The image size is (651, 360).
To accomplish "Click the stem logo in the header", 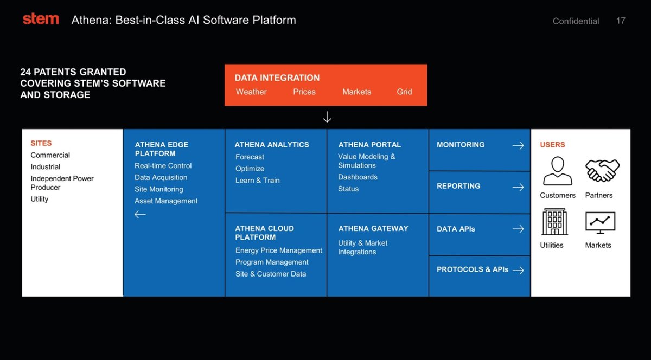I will [41, 19].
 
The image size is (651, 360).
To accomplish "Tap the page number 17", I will [621, 21].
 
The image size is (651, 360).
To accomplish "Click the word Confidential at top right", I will [576, 21].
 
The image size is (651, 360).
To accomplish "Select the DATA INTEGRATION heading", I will [277, 78].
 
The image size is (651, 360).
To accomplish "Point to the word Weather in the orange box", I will [251, 92].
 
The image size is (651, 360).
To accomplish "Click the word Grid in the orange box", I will [404, 92].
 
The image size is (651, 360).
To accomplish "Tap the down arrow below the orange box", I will [327, 117].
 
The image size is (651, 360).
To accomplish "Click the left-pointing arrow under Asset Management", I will [140, 214].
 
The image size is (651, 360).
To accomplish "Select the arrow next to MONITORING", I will [518, 145].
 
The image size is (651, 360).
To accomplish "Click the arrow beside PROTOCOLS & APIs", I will [518, 270].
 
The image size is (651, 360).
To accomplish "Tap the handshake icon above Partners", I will [602, 171].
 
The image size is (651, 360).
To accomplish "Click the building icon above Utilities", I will [554, 222].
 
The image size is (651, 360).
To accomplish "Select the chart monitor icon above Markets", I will [600, 222].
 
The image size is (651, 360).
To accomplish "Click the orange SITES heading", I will [41, 143].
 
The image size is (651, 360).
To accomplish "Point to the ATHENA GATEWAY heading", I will [373, 228].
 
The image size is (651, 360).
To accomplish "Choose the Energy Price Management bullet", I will [279, 250].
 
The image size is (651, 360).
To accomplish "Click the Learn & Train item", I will [258, 180].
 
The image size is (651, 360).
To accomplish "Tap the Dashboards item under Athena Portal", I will [358, 177].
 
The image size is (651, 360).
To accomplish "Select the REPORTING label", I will [458, 186].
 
